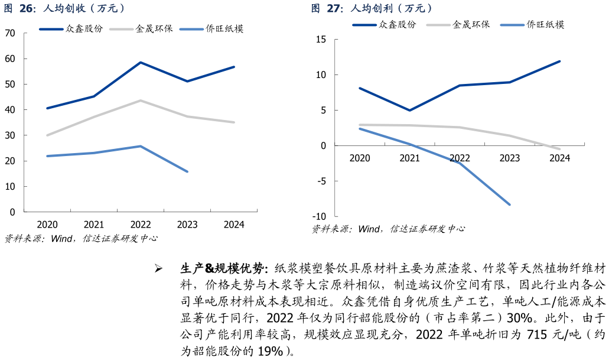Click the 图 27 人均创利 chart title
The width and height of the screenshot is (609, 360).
pyautogui.click(x=373, y=8)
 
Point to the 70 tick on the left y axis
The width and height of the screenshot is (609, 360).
pyautogui.click(x=10, y=33)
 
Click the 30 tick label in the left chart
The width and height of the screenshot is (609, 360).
pyautogui.click(x=10, y=135)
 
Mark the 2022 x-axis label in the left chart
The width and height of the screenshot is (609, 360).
pyautogui.click(x=141, y=225)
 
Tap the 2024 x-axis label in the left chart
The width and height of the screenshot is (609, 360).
pyautogui.click(x=235, y=225)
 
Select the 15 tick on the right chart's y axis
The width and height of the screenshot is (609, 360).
pyautogui.click(x=321, y=39)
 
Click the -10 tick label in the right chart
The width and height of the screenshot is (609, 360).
pyautogui.click(x=319, y=216)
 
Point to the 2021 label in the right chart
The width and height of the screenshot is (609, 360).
pyautogui.click(x=409, y=158)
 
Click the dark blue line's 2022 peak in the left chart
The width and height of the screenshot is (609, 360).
pyautogui.click(x=141, y=62)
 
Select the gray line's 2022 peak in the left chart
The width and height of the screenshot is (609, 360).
pyautogui.click(x=141, y=100)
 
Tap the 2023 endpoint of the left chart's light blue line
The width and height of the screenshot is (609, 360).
pyautogui.click(x=187, y=171)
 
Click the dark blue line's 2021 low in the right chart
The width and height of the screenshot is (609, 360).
pyautogui.click(x=409, y=111)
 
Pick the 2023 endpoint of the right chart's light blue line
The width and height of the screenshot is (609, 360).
pyautogui.click(x=509, y=205)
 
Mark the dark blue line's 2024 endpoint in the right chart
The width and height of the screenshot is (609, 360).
pyautogui.click(x=559, y=61)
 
